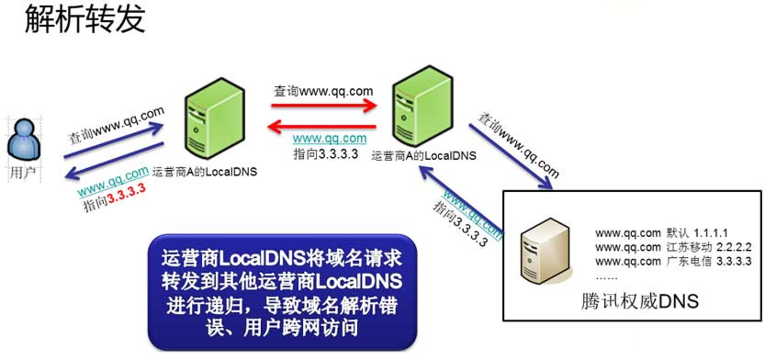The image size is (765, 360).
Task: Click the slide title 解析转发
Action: click(85, 20)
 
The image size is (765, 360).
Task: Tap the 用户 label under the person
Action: click(23, 174)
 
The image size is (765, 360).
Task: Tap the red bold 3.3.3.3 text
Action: click(126, 199)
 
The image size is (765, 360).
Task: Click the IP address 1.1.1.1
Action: click(711, 232)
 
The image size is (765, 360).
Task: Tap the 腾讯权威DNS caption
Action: click(639, 301)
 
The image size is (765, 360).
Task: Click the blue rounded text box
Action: click(282, 292)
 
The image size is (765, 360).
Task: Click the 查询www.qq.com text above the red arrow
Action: click(323, 91)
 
